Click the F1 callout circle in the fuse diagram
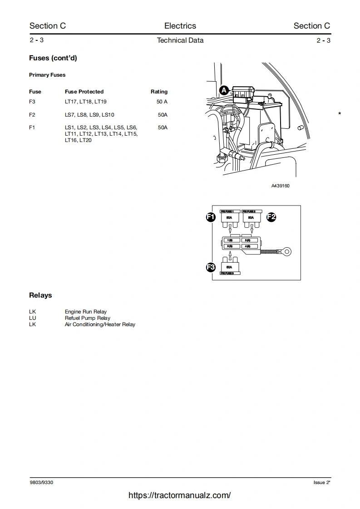(x=211, y=217)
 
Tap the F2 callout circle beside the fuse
(x=271, y=217)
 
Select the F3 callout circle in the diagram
(x=211, y=267)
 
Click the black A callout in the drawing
(x=224, y=90)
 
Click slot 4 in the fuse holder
(x=248, y=246)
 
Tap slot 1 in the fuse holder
(x=230, y=240)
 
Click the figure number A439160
(x=280, y=186)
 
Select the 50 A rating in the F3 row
(x=162, y=102)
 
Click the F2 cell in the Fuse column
(x=32, y=115)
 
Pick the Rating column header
(x=159, y=92)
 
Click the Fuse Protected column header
(x=84, y=92)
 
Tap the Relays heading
(x=40, y=295)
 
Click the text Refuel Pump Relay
(x=88, y=318)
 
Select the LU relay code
(x=32, y=318)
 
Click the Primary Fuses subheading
(x=47, y=75)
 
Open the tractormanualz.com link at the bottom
(x=180, y=495)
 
